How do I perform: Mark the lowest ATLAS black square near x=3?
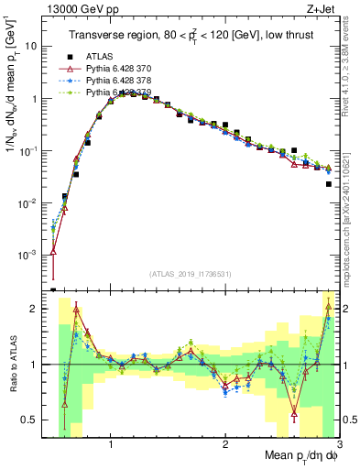(x=328, y=184)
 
